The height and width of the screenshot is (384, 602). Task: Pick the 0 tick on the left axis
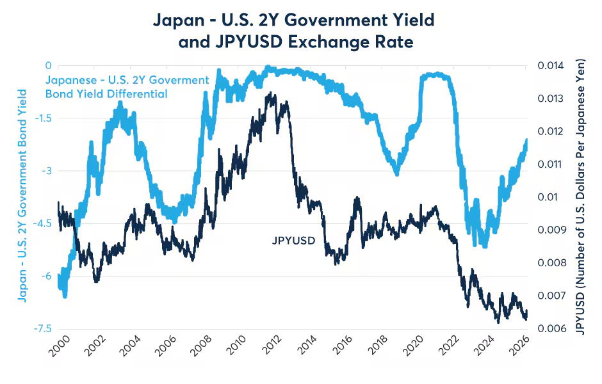click(47, 65)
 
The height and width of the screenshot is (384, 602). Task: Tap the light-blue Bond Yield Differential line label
click(127, 87)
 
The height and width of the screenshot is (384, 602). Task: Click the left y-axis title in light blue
click(22, 195)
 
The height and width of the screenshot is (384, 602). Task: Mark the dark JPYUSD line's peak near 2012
click(273, 93)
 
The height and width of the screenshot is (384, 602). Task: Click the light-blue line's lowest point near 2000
click(65, 296)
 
